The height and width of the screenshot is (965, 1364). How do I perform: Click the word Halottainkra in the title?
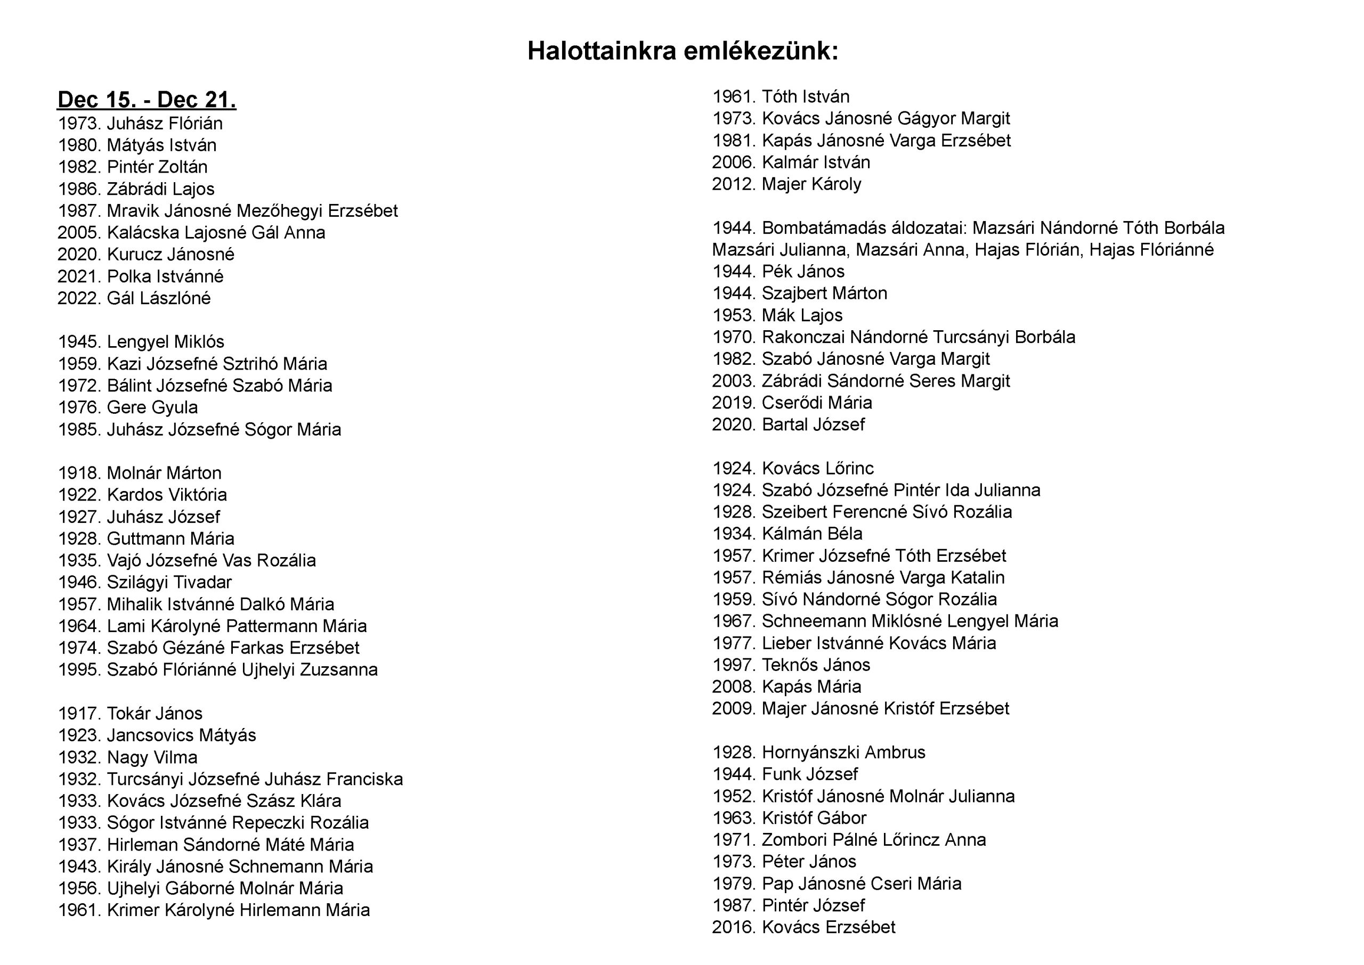pos(602,51)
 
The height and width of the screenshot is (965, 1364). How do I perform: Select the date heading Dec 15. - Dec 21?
pos(147,100)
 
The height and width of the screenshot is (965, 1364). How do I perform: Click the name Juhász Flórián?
pos(165,124)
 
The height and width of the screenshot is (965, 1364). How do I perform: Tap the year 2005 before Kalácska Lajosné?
pos(79,232)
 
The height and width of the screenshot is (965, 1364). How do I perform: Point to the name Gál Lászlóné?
pos(159,298)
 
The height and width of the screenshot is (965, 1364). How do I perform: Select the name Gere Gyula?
pos(152,407)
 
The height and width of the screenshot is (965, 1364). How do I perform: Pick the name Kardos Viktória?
pos(166,495)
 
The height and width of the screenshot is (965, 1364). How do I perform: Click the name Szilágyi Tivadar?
pos(169,582)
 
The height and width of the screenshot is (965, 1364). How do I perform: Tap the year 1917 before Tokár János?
pos(79,714)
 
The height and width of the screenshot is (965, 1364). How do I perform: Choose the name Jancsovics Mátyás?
pos(181,735)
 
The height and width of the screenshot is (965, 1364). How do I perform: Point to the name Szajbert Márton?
pos(824,293)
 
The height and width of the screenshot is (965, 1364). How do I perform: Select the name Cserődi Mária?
pos(817,403)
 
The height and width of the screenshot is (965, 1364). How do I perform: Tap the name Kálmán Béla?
pos(812,534)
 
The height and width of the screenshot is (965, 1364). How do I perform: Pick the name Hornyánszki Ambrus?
pos(843,753)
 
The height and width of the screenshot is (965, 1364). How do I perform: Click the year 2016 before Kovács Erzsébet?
pos(734,927)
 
